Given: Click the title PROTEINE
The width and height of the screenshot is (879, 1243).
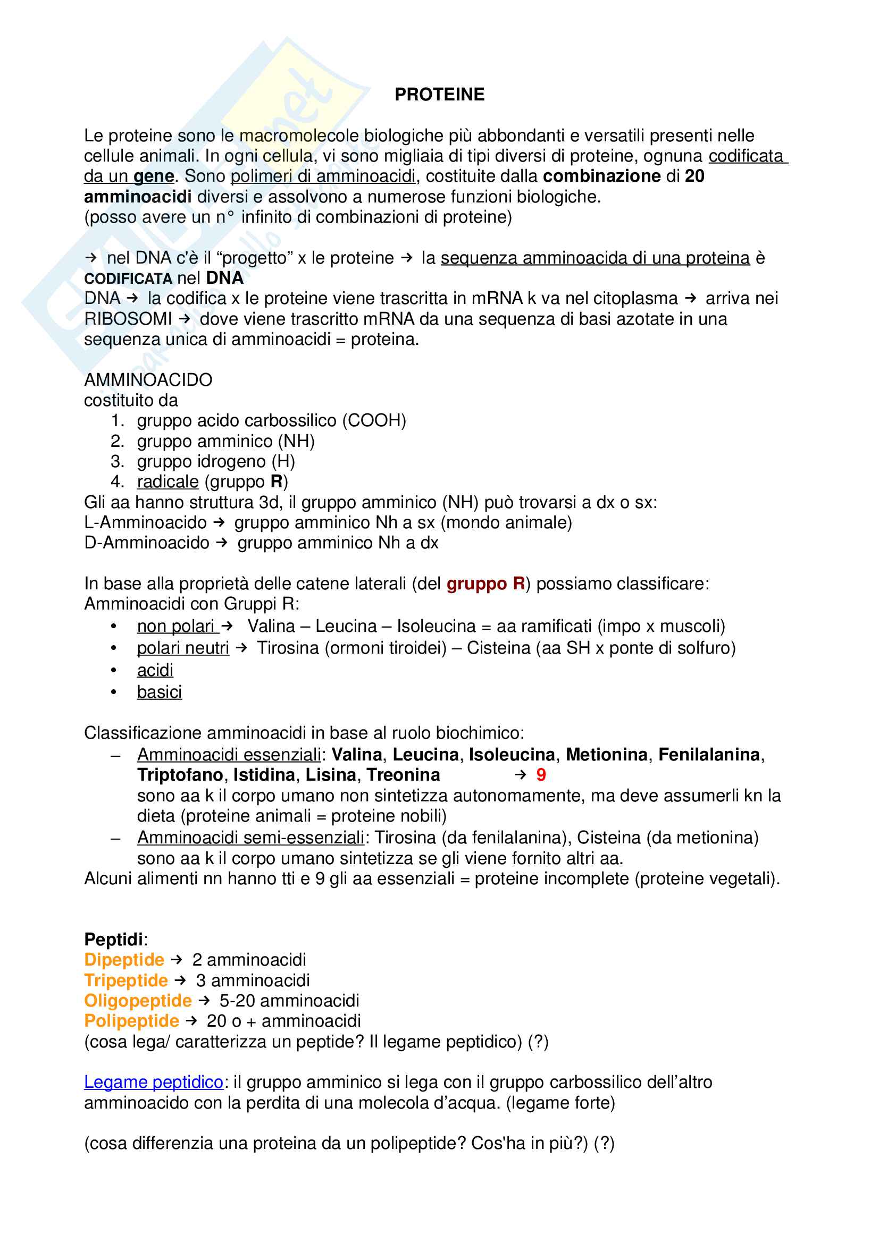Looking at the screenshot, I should (439, 94).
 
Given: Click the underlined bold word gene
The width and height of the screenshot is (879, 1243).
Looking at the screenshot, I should (154, 176).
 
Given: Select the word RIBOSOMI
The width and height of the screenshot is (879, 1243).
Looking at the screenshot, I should (128, 319).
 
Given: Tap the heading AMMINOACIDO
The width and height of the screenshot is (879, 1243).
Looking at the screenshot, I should (148, 380).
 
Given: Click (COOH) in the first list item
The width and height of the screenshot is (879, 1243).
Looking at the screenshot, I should (374, 421).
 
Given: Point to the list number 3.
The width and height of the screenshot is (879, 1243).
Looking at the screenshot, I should (116, 462).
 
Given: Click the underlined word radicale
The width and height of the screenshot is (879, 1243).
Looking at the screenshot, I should (168, 482).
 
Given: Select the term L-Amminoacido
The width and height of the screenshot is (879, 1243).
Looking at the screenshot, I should (145, 523).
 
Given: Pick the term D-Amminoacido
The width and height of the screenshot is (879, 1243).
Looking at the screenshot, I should (147, 543).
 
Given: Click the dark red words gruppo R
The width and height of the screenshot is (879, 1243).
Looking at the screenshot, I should (486, 584).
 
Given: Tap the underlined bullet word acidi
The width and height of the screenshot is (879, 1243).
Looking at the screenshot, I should (155, 670).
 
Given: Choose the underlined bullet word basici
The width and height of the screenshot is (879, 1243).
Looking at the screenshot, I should (159, 692).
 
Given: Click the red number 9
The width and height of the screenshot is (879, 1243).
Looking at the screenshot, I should (540, 775).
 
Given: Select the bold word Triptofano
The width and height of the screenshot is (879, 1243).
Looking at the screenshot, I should (180, 775).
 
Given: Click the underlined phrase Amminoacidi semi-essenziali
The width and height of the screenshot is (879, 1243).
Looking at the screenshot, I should (250, 838).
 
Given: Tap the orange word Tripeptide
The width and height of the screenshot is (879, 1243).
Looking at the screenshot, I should (125, 981).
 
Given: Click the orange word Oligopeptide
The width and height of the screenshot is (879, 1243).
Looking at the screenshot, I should (138, 1001).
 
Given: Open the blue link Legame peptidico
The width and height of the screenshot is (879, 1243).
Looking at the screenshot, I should (154, 1082).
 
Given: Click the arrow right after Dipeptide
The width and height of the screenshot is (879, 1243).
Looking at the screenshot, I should (177, 960).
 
